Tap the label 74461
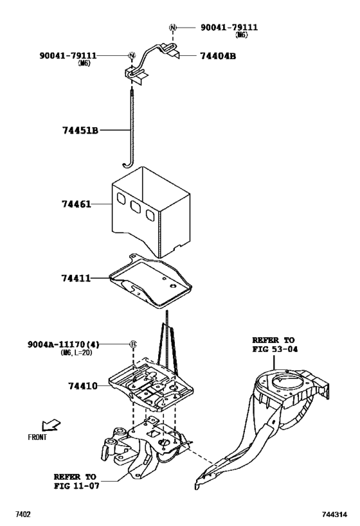(x=76, y=205)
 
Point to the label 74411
(x=76, y=279)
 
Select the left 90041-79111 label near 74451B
(x=67, y=56)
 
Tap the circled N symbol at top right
(x=172, y=27)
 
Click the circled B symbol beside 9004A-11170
(x=133, y=344)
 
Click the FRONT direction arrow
(x=49, y=425)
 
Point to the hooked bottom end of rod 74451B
(x=127, y=165)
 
